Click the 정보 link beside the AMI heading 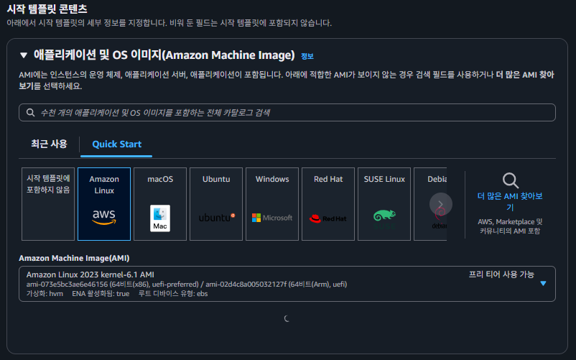[x=307, y=56]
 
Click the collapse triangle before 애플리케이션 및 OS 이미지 [x=24, y=55]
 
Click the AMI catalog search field [x=287, y=113]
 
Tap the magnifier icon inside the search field [x=30, y=113]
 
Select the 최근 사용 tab [x=49, y=144]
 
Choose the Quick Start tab [x=116, y=144]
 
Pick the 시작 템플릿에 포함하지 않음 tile [x=48, y=204]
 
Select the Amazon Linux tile [x=104, y=204]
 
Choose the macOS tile [x=160, y=204]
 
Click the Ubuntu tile [x=216, y=204]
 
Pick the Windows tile [x=272, y=204]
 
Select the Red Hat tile [x=328, y=204]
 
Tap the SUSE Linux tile [x=384, y=204]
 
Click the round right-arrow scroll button [x=441, y=204]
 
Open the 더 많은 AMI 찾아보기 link [x=510, y=201]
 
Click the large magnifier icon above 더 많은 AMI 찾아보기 [x=510, y=180]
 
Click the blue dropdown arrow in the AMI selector [x=543, y=283]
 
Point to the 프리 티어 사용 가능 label [x=501, y=274]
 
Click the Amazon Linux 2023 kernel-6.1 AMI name [x=90, y=274]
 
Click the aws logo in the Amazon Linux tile [x=104, y=216]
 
